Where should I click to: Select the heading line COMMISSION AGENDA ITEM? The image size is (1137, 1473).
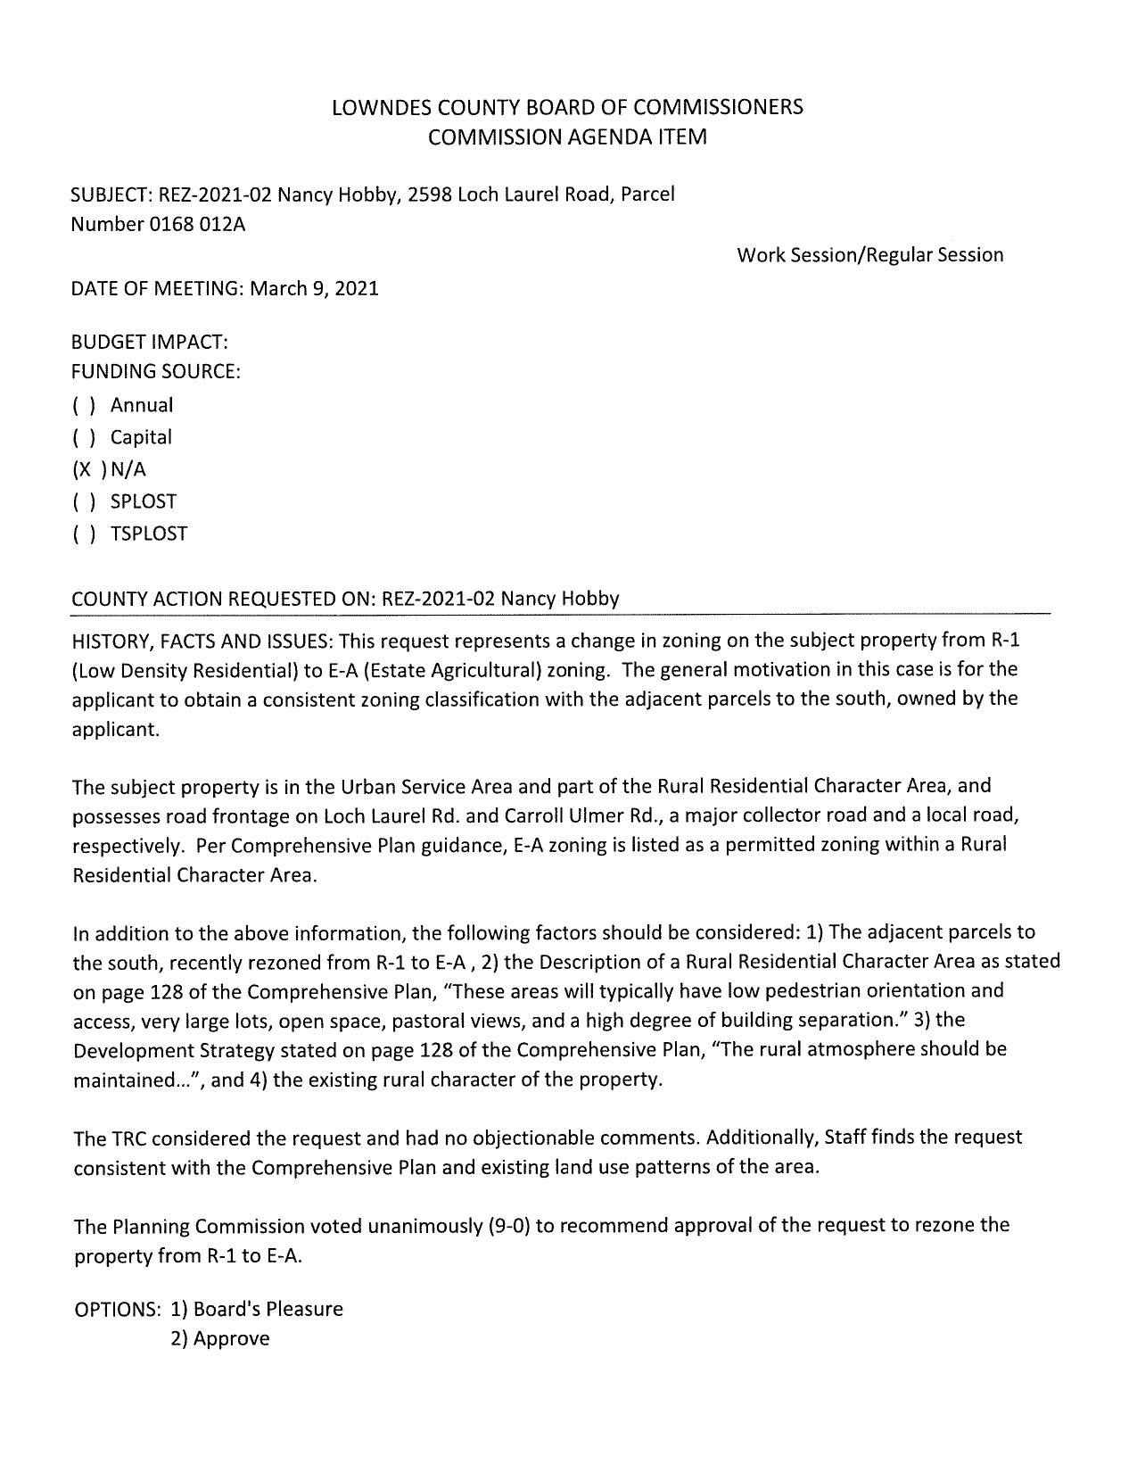(x=567, y=138)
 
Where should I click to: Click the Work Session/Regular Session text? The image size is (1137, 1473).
(x=869, y=255)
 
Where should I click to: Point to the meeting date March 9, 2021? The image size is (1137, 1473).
(x=314, y=289)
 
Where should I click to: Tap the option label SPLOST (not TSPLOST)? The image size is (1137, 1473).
(x=143, y=502)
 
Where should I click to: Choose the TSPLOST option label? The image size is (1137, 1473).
(x=149, y=534)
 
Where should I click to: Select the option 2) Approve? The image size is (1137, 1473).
(x=219, y=1339)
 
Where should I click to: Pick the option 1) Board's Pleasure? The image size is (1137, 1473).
(x=256, y=1310)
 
